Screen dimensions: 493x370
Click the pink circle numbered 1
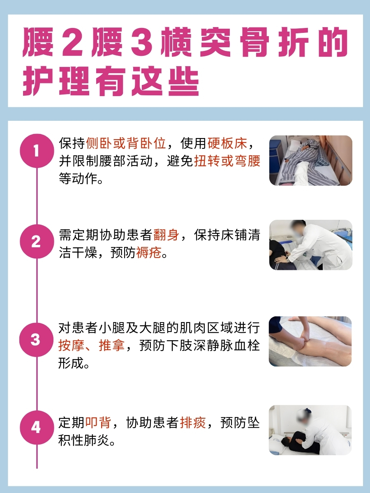click(x=36, y=151)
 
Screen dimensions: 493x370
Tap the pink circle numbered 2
click(x=36, y=242)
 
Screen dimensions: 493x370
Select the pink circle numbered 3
click(x=36, y=340)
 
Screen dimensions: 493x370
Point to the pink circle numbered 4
click(x=36, y=428)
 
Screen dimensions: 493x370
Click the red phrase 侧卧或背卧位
click(x=126, y=144)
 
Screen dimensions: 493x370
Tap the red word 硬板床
click(x=227, y=144)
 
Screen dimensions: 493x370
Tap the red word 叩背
click(x=99, y=422)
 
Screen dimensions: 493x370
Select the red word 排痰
click(x=193, y=422)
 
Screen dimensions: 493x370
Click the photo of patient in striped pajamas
click(x=310, y=160)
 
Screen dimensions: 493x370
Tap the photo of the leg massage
click(x=310, y=341)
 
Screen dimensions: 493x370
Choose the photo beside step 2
click(x=310, y=245)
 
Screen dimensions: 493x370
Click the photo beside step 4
click(x=310, y=430)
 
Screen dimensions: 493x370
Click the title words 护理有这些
click(x=111, y=81)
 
